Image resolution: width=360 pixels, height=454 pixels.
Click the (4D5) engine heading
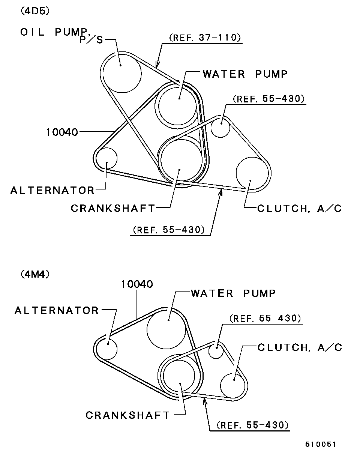pyautogui.click(x=35, y=11)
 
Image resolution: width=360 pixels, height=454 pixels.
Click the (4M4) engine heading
pyautogui.click(x=35, y=274)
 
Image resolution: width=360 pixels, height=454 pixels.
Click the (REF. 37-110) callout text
pyautogui.click(x=205, y=38)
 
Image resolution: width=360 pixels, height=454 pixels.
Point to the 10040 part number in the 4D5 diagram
pyautogui.click(x=62, y=132)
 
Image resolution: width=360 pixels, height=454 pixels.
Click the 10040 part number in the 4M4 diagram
pyautogui.click(x=137, y=284)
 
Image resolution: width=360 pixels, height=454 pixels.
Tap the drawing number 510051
pyautogui.click(x=320, y=445)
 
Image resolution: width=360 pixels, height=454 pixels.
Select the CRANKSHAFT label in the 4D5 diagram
pyautogui.click(x=113, y=209)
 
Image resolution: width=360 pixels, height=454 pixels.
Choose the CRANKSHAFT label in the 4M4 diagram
pyautogui.click(x=127, y=415)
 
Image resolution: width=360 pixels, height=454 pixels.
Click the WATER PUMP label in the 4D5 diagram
pyautogui.click(x=245, y=74)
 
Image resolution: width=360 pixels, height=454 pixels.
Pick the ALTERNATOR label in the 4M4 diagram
pyautogui.click(x=57, y=311)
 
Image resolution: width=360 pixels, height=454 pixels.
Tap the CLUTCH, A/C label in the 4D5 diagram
pyautogui.click(x=299, y=209)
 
